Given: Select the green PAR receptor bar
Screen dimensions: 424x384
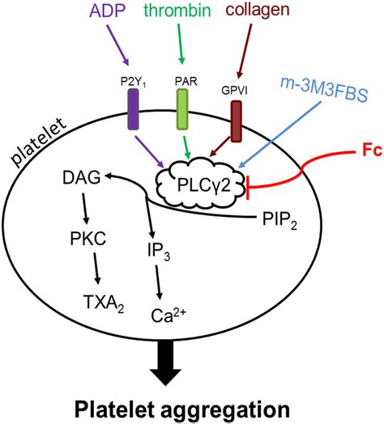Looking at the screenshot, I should [183, 107].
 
